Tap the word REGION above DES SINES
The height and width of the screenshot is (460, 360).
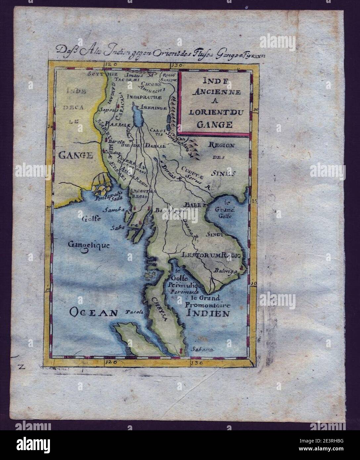[222, 145]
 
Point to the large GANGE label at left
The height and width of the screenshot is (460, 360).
[76, 155]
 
